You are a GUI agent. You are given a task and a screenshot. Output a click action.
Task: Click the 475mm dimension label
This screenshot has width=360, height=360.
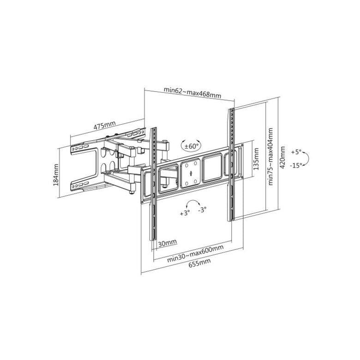pos(105,125)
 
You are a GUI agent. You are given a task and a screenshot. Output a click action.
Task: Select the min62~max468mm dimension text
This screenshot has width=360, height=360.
pos(192,92)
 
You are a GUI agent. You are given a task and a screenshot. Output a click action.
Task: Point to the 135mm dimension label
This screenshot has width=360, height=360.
pos(256,159)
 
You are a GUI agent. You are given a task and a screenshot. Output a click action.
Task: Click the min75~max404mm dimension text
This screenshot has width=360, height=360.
pos(270,156)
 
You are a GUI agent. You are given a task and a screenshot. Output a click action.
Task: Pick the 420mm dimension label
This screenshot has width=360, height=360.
pos(282,157)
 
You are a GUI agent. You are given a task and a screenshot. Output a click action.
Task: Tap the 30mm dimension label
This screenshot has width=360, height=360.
pos(168,243)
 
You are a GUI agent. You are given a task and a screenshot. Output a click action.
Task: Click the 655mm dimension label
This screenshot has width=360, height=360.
pos(199,263)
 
